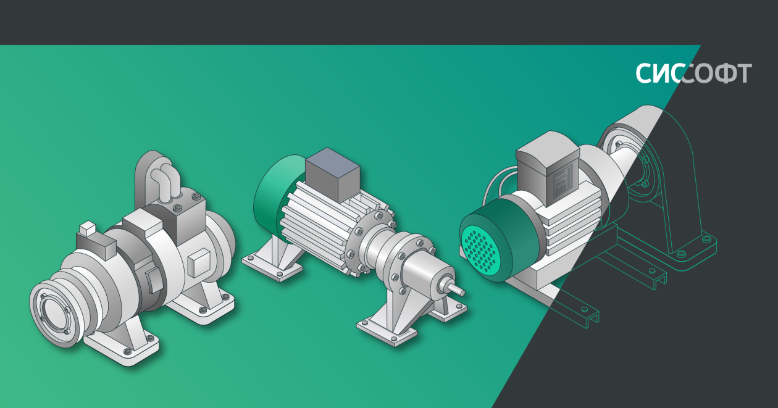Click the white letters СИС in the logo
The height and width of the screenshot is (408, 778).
pyautogui.click(x=658, y=73)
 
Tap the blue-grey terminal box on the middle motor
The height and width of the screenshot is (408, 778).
pyautogui.click(x=332, y=175)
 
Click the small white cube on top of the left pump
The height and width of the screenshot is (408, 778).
pyautogui.click(x=87, y=228)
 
